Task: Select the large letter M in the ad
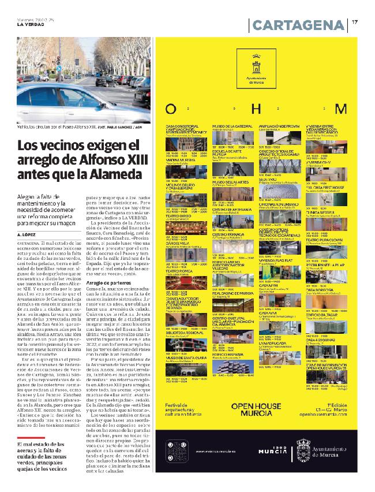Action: coord(342,109)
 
